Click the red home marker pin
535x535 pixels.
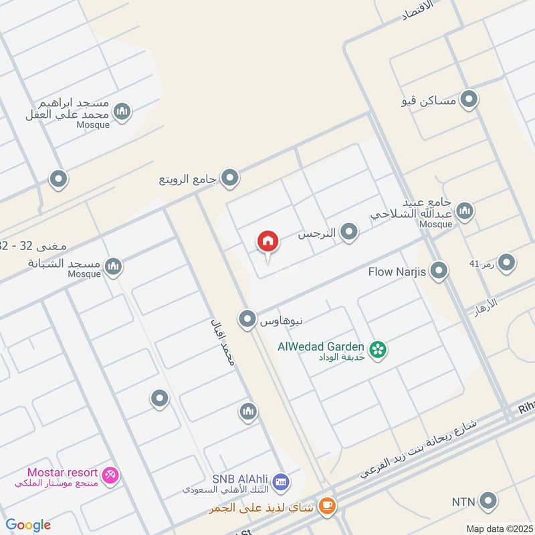268,242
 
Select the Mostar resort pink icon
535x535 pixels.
111,474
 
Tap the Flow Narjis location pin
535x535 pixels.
439,271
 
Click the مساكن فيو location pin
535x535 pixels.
469,100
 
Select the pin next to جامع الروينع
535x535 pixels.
231,178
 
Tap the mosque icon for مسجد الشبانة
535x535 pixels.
114,267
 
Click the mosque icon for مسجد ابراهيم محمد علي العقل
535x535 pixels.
122,112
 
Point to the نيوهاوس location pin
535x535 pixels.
248,319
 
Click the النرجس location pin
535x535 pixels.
348,232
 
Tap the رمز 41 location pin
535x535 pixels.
506,263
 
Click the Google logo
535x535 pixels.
28,525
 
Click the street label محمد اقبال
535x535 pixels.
223,340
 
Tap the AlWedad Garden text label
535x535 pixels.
322,346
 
